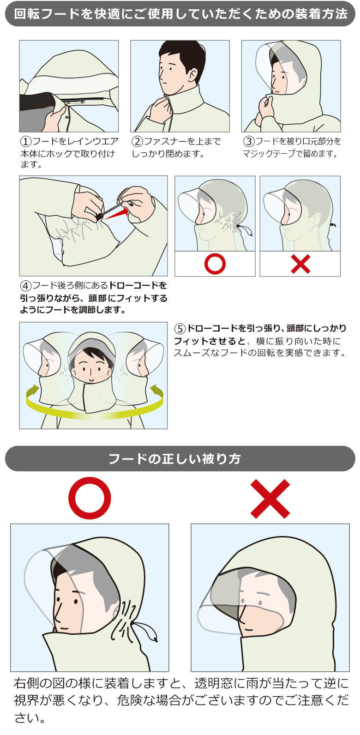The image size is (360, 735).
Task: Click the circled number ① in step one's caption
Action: tap(26, 141)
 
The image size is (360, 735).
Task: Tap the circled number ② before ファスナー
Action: tap(138, 141)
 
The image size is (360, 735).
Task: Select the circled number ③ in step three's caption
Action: tap(249, 141)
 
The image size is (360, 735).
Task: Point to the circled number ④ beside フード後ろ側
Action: tap(26, 285)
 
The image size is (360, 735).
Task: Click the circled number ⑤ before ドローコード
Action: tap(180, 328)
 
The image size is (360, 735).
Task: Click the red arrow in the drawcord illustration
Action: tap(116, 213)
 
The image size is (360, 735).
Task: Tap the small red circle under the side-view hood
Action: tap(215, 264)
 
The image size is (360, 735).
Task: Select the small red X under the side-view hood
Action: tap(300, 264)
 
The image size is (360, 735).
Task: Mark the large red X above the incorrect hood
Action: tap(270, 499)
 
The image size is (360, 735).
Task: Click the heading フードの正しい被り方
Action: tap(174, 459)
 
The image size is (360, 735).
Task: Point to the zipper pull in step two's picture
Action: tap(167, 98)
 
